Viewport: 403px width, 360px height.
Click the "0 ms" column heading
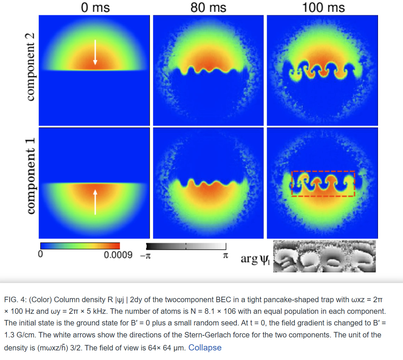(x=95, y=7)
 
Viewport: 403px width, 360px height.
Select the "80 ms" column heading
(x=208, y=7)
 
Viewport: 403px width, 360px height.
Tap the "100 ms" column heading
(x=323, y=7)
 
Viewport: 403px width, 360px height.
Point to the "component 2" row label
(x=31, y=67)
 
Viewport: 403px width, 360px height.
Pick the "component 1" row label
(x=31, y=176)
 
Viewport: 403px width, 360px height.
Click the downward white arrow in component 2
(x=95, y=52)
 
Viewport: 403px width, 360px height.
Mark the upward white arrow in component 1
(x=95, y=202)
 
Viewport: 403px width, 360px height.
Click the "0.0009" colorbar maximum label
(x=118, y=255)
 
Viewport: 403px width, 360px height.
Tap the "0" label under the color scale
(x=40, y=255)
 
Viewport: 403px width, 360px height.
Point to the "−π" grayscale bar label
(x=145, y=256)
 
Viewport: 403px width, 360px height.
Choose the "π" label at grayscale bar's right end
(x=225, y=256)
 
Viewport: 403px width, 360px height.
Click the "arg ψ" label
(x=255, y=259)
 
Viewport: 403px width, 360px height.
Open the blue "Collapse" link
(x=205, y=348)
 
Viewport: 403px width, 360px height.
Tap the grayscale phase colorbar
(x=186, y=246)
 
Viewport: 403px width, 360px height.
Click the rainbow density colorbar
(x=80, y=246)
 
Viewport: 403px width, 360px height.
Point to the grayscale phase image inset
(x=324, y=256)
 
